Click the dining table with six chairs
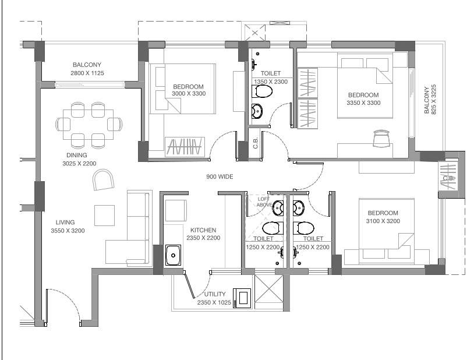point(89,124)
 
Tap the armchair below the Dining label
point(104,179)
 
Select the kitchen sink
point(173,255)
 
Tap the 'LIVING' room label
point(65,223)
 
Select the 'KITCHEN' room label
point(203,230)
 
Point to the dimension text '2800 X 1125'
point(87,73)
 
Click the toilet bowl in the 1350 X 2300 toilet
point(263,93)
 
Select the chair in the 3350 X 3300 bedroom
point(381,138)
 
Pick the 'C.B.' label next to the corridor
point(256,143)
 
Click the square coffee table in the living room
point(105,215)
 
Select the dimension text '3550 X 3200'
point(68,231)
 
